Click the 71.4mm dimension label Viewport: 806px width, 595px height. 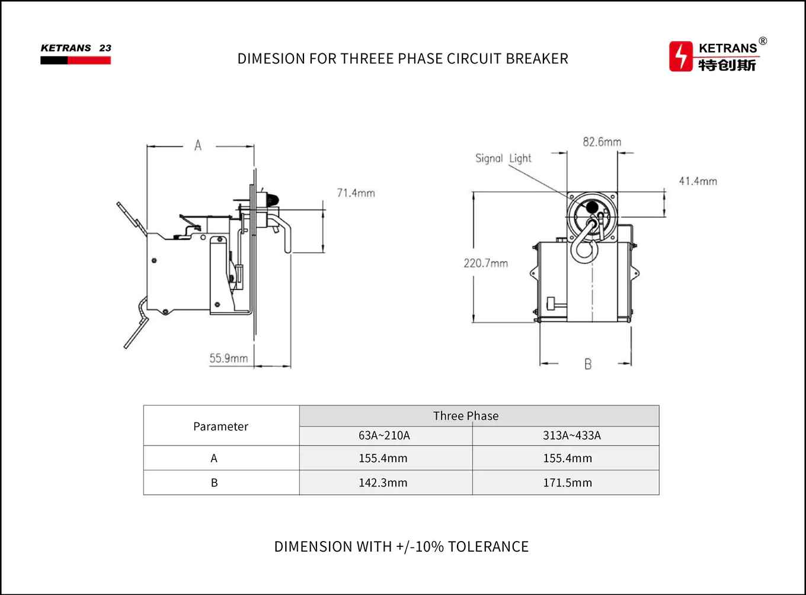pyautogui.click(x=356, y=193)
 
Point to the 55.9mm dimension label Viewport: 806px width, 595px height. pyautogui.click(x=228, y=358)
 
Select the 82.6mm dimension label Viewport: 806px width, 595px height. pyautogui.click(x=602, y=142)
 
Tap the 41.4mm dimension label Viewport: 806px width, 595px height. pyautogui.click(x=698, y=181)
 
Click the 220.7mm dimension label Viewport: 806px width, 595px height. pyautogui.click(x=485, y=263)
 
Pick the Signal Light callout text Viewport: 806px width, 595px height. pyautogui.click(x=503, y=158)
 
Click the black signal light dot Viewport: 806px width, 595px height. pyautogui.click(x=591, y=207)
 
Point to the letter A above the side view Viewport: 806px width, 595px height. pyautogui.click(x=198, y=145)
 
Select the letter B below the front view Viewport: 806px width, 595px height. pyautogui.click(x=588, y=364)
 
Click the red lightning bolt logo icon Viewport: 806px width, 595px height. pyautogui.click(x=681, y=56)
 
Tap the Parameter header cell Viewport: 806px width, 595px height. pyautogui.click(x=220, y=426)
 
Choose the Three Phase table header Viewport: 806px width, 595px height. pyautogui.click(x=466, y=416)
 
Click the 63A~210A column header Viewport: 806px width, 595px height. pyautogui.click(x=384, y=435)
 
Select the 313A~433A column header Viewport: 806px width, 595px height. pyautogui.click(x=571, y=435)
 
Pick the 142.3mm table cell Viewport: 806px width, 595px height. pyautogui.click(x=383, y=483)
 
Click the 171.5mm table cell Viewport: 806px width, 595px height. pyautogui.click(x=567, y=483)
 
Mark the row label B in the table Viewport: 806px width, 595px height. pyautogui.click(x=215, y=483)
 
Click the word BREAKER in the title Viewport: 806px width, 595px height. pyautogui.click(x=537, y=59)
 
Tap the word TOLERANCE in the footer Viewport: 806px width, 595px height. pyautogui.click(x=488, y=546)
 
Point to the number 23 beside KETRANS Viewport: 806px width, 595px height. pyautogui.click(x=105, y=48)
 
